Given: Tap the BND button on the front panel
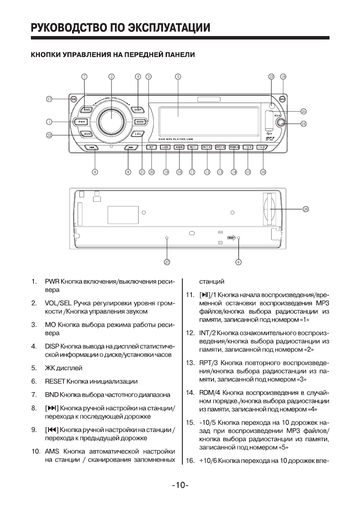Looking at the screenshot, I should point(87,110).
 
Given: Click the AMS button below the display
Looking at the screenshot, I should point(179,147).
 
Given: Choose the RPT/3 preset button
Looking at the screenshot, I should point(220,147).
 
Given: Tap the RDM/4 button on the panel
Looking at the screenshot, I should point(234,147).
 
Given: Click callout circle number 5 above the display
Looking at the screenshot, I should point(178,77).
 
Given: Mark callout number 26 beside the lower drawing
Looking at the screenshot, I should point(306,209).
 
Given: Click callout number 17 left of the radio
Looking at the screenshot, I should point(50,99).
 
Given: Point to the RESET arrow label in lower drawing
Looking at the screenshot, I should point(232,237).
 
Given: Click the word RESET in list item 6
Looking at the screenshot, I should point(55,381).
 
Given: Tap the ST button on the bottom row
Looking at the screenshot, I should point(151,147).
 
